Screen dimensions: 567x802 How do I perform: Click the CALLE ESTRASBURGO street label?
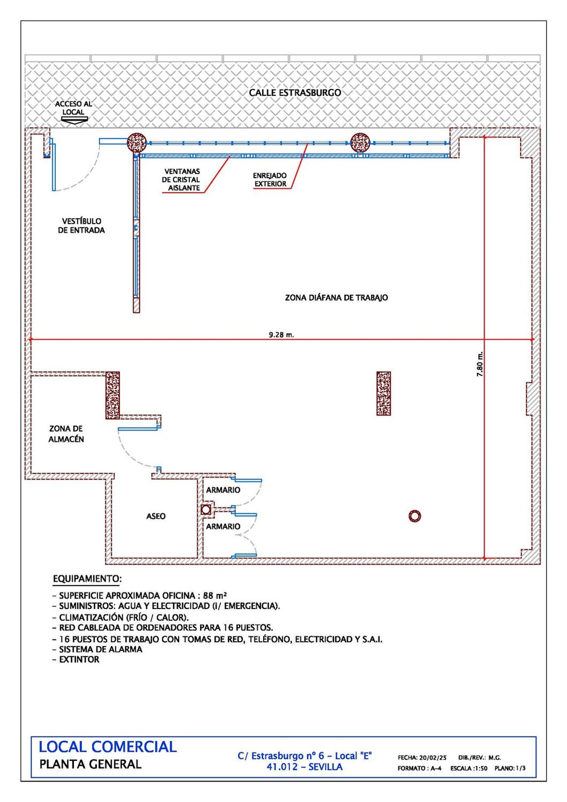[x=295, y=93]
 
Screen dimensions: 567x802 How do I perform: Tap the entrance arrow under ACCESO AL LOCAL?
[x=74, y=120]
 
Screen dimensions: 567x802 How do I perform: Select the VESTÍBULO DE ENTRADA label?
[x=81, y=226]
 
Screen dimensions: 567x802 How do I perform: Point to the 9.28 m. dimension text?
[x=281, y=335]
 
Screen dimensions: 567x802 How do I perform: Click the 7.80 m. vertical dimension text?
[x=480, y=364]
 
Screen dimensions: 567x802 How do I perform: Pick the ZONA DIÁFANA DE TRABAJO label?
[x=336, y=298]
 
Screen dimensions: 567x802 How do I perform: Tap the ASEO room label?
[x=156, y=516]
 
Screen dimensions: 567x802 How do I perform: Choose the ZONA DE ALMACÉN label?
[x=66, y=434]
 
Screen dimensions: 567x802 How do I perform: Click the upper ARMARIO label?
[x=223, y=490]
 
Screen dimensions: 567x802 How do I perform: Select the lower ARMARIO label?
[x=223, y=526]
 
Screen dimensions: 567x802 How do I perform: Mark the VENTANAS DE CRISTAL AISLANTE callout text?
[x=181, y=180]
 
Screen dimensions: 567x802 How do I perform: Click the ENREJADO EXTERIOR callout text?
[x=270, y=180]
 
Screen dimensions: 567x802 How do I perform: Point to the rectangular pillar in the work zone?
[x=384, y=393]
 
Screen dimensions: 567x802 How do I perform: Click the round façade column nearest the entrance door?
[x=136, y=143]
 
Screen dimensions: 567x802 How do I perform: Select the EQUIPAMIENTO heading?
[x=87, y=579]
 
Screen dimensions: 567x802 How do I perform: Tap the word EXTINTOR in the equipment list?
[x=79, y=659]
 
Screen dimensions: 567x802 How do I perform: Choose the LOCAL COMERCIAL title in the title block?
[x=108, y=747]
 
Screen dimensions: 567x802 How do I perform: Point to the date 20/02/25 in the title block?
[x=433, y=758]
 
